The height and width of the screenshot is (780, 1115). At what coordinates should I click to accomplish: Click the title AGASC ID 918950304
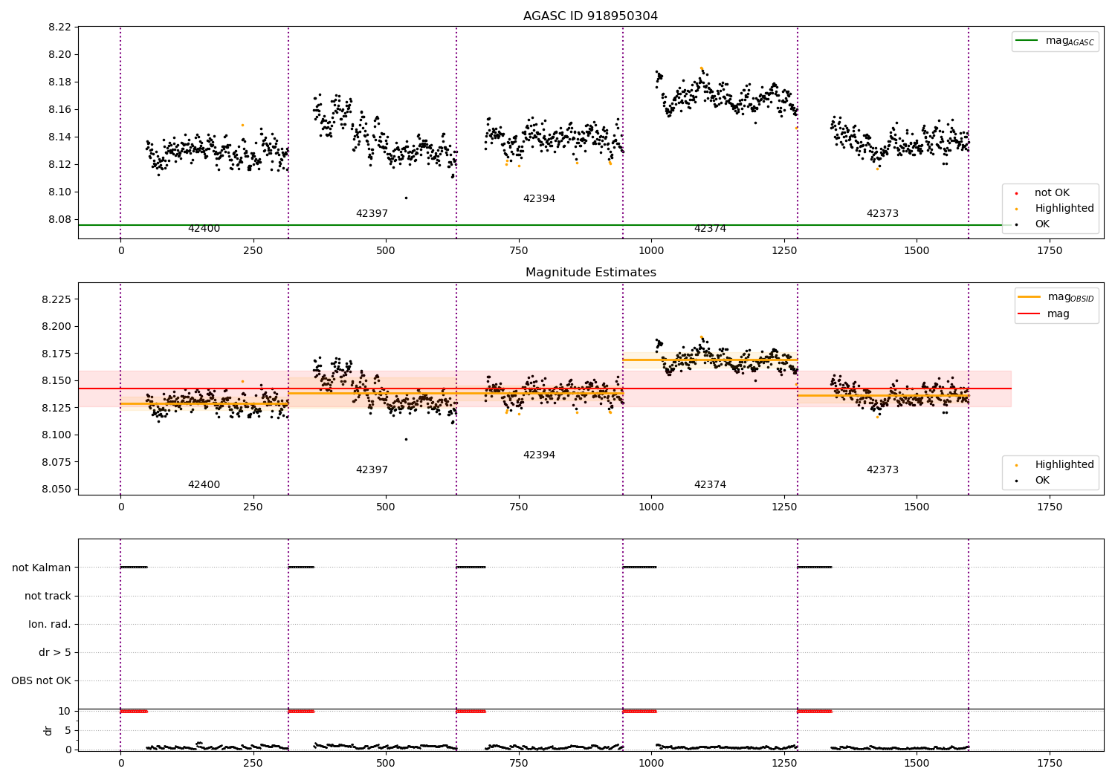(590, 16)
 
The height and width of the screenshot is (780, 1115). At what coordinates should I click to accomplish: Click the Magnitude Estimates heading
(590, 273)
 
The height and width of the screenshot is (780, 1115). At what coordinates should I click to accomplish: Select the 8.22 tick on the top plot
(59, 27)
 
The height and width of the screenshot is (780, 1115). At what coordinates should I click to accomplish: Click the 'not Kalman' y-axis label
(42, 568)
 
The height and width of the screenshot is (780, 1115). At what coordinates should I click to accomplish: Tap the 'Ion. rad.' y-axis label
(50, 624)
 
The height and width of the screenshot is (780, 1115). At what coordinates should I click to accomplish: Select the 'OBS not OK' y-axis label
(42, 680)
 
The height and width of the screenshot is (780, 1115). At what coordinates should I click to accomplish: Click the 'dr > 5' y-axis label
(55, 652)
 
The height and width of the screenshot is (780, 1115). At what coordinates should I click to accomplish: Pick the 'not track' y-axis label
(48, 596)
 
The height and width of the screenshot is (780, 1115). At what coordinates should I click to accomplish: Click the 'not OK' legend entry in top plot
(1052, 193)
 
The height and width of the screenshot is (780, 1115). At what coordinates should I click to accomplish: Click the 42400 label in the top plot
(204, 229)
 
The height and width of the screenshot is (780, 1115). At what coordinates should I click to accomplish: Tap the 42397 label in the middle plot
(372, 470)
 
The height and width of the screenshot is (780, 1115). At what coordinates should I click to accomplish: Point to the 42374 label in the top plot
(710, 229)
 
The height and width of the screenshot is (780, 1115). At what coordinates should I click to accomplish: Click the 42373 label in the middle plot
(882, 470)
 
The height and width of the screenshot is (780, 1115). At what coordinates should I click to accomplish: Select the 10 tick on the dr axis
(65, 711)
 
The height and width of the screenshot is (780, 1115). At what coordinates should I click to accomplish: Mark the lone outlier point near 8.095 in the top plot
(406, 198)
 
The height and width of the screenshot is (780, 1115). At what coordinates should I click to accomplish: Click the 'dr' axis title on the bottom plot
(48, 730)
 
